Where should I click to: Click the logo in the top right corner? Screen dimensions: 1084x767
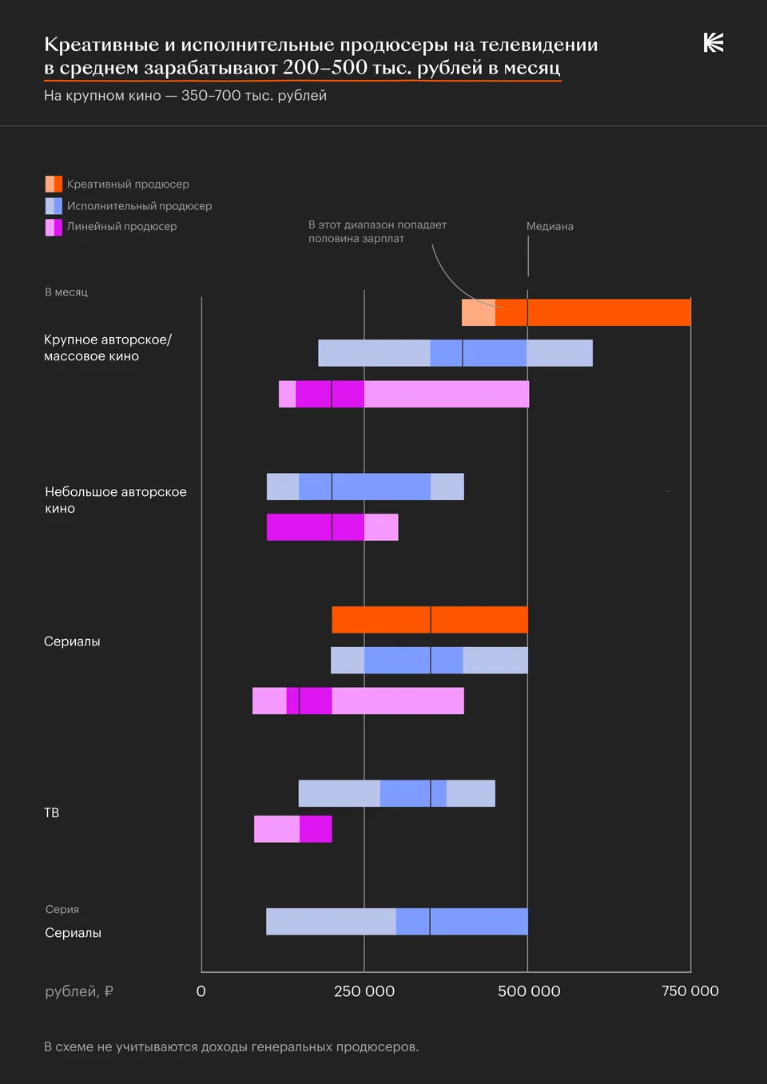[x=713, y=43]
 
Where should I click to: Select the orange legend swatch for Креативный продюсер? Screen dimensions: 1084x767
[x=54, y=185]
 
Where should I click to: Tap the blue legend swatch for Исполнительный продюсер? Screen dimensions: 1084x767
[x=54, y=206]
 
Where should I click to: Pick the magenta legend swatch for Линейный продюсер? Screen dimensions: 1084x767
[x=54, y=227]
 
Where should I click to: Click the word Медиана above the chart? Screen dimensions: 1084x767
[x=550, y=227]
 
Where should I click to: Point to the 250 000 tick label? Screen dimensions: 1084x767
[x=364, y=991]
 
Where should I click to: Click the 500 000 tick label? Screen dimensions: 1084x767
[x=529, y=991]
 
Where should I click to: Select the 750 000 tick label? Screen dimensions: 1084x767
[x=690, y=991]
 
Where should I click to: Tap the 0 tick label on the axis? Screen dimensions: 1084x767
[x=201, y=991]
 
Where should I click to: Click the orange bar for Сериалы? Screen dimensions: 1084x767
[x=430, y=620]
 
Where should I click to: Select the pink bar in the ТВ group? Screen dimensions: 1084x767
[x=292, y=829]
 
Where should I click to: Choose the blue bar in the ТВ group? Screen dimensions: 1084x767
[x=396, y=793]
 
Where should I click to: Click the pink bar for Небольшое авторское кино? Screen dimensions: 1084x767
[x=332, y=527]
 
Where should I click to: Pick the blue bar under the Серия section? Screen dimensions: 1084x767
[x=396, y=922]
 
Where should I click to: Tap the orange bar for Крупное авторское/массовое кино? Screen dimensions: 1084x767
[x=576, y=312]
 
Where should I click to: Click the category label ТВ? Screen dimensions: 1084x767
[x=52, y=813]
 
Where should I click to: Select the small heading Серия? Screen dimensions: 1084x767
[x=62, y=910]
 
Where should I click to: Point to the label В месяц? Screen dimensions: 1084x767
[x=66, y=292]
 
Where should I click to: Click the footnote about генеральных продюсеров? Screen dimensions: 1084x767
[x=232, y=1047]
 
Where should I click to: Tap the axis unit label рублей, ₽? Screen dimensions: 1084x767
[x=79, y=991]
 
